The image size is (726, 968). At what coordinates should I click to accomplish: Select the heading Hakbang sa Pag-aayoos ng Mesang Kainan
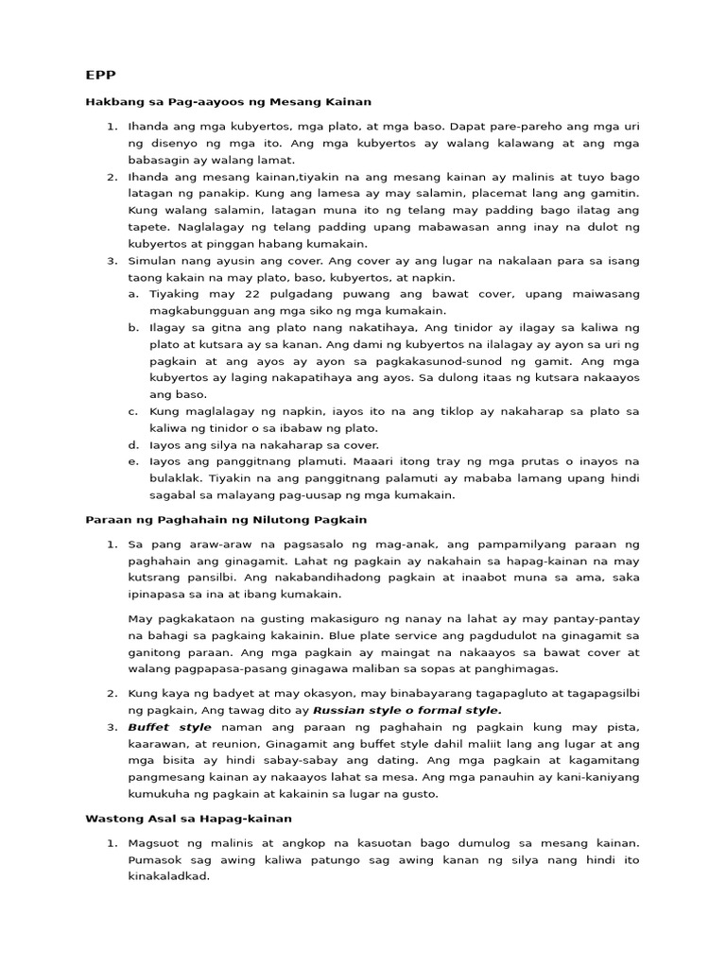click(x=228, y=101)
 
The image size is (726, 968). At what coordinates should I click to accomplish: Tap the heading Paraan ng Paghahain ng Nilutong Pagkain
click(x=226, y=520)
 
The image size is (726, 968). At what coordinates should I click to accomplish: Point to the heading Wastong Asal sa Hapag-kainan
click(x=188, y=818)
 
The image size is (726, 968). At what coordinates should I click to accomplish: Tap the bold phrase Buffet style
click(x=170, y=727)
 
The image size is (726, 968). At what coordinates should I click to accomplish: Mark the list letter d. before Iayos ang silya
click(x=134, y=444)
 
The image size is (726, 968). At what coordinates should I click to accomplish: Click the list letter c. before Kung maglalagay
click(x=134, y=411)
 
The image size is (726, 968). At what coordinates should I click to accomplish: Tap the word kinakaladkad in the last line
click(x=168, y=876)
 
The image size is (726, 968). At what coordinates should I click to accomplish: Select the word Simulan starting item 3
click(x=154, y=261)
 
